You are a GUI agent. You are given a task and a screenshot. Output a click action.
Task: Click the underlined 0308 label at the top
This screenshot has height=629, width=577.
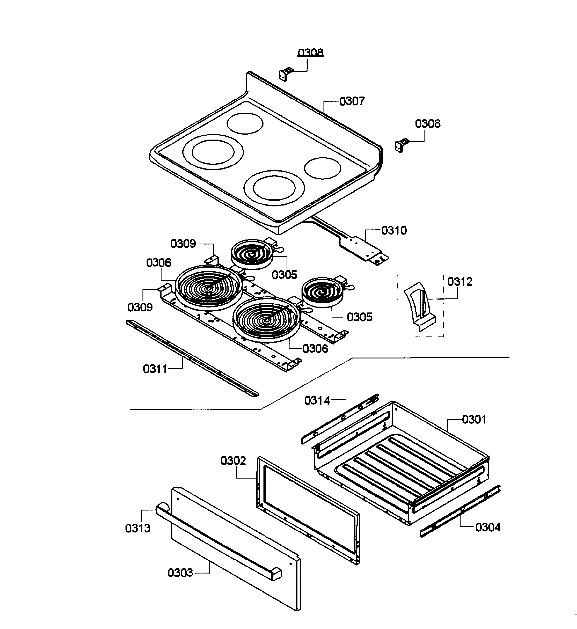(x=310, y=53)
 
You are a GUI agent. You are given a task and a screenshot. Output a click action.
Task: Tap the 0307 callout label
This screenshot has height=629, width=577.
(x=352, y=101)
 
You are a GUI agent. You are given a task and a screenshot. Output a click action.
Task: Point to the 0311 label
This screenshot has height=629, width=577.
(x=155, y=369)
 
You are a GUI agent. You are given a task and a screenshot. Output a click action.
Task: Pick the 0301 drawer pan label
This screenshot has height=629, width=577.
(x=474, y=419)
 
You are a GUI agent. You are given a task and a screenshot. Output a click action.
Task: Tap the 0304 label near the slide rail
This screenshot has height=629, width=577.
(x=488, y=527)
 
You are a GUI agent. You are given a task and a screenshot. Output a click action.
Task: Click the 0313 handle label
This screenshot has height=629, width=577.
(x=138, y=528)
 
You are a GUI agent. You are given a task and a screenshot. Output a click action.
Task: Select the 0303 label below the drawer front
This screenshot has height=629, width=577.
(x=180, y=573)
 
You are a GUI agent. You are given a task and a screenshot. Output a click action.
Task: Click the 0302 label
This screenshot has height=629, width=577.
(x=233, y=460)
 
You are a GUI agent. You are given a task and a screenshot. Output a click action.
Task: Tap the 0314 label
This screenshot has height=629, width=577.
(x=317, y=401)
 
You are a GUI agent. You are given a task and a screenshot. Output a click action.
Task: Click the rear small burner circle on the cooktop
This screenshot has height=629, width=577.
(x=245, y=123)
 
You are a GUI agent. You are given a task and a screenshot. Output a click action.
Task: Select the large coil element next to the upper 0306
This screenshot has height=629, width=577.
(x=208, y=287)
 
